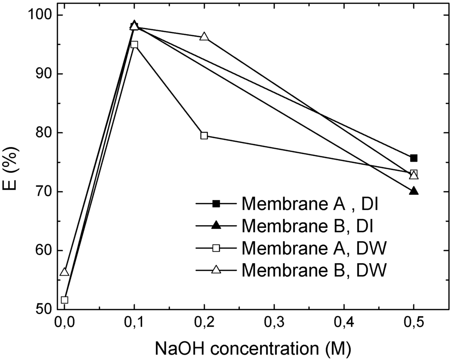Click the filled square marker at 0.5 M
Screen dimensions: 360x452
(x=414, y=158)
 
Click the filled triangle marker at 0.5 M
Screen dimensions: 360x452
(x=414, y=191)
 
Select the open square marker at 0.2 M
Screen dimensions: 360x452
(x=204, y=136)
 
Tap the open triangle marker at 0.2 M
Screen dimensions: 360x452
(x=204, y=37)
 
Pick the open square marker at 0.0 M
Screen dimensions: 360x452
(x=64, y=300)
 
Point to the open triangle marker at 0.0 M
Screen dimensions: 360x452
(x=64, y=272)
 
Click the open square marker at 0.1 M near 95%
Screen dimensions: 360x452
(x=134, y=45)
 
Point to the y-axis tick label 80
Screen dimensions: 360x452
(x=42, y=133)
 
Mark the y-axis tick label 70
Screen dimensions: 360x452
(x=42, y=192)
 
